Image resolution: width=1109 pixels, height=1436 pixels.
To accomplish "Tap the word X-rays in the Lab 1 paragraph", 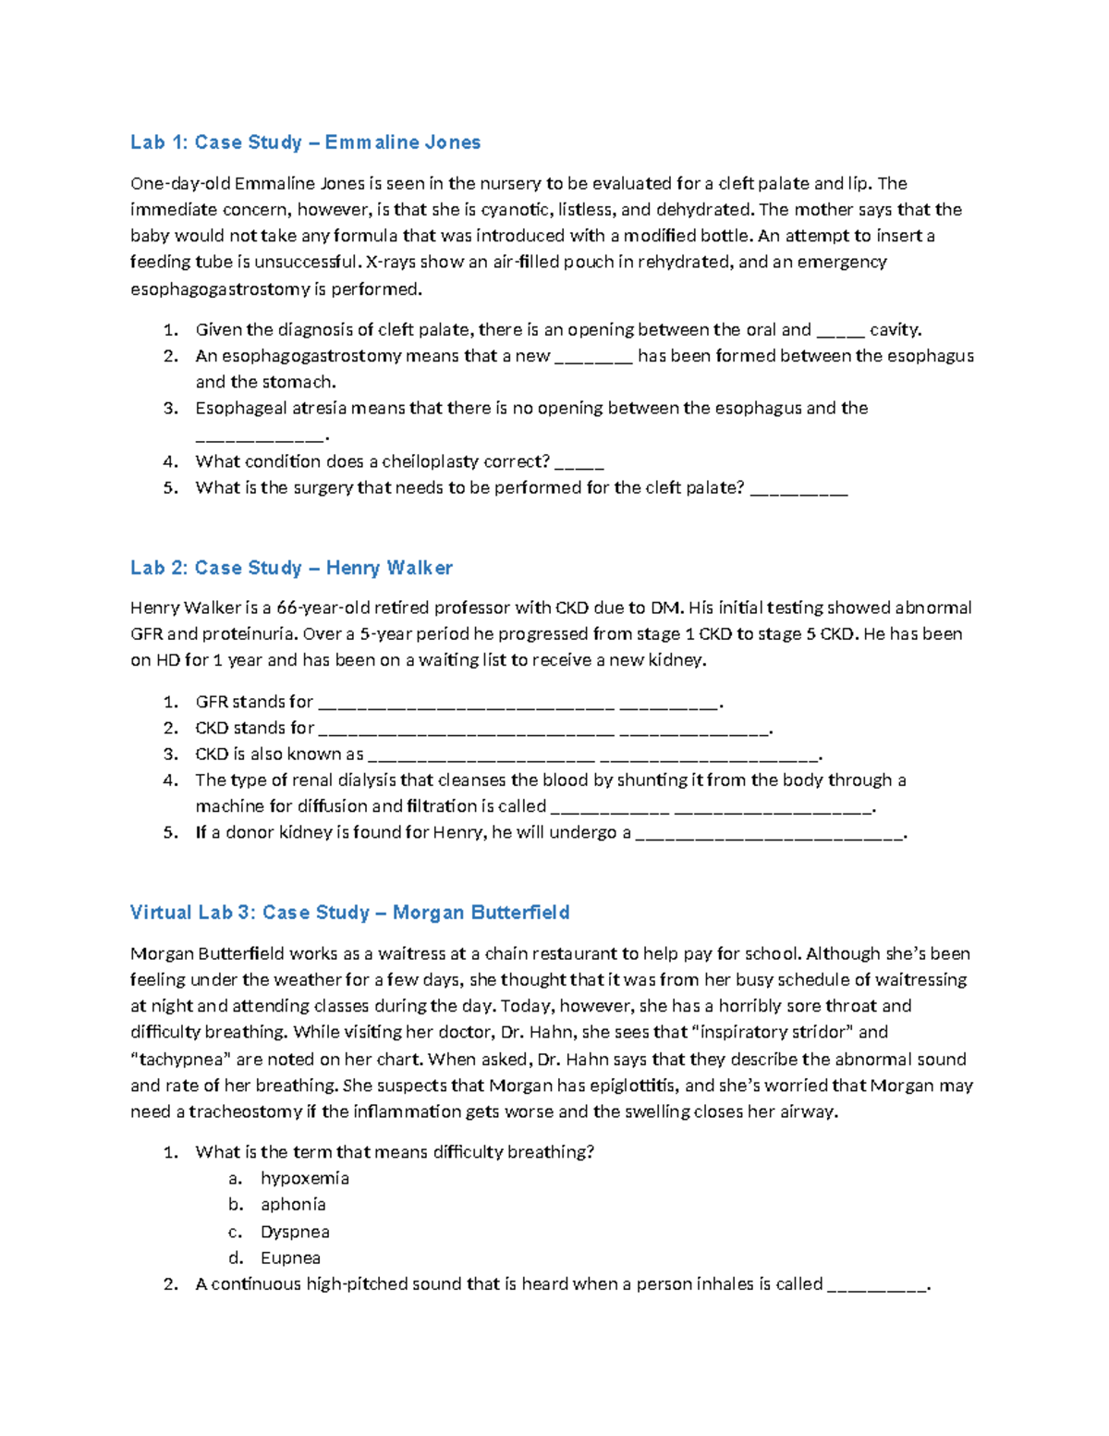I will [392, 263].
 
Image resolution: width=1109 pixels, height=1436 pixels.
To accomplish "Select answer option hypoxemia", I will [304, 1179].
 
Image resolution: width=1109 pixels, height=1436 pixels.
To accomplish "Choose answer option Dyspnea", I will [295, 1232].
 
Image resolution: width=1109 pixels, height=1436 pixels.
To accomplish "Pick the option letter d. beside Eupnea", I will [236, 1258].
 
